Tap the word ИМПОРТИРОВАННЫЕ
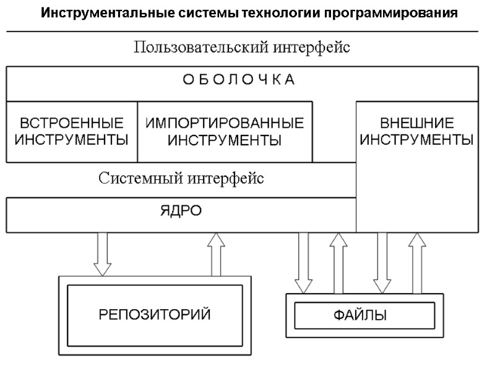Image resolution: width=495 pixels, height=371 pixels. point(225,122)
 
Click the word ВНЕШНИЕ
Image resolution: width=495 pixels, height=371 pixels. point(417,122)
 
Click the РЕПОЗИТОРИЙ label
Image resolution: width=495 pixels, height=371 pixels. point(155,315)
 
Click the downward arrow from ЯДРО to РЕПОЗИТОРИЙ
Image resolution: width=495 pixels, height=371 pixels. point(102,254)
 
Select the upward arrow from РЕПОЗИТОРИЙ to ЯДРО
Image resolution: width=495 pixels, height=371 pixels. point(217,254)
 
